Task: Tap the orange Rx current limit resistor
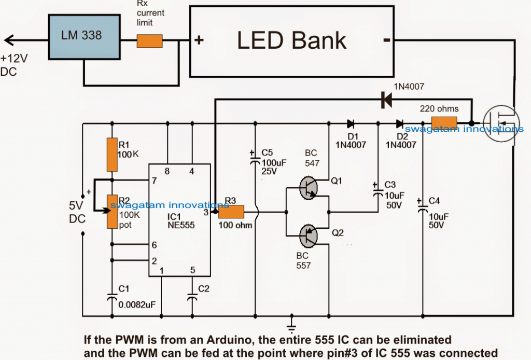[149, 41]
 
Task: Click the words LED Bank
[291, 40]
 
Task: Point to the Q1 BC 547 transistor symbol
[310, 189]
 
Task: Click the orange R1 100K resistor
[111, 155]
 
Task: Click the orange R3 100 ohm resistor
[231, 212]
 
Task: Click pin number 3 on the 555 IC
[206, 212]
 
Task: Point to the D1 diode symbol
[350, 123]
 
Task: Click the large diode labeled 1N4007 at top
[386, 101]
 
